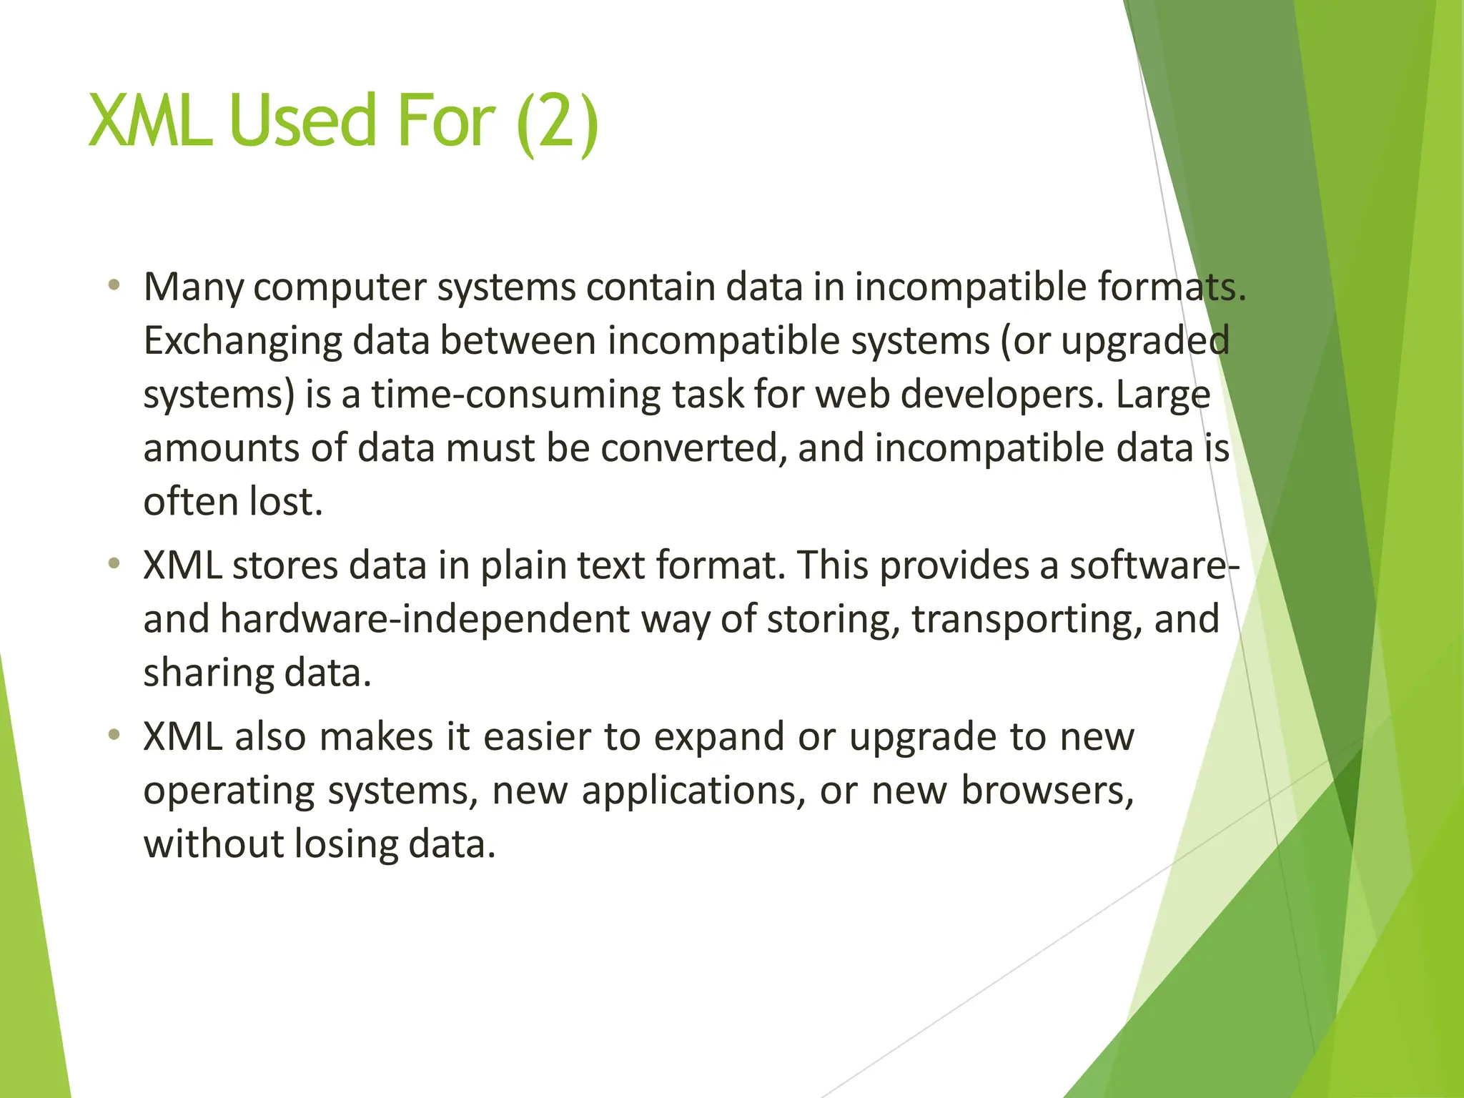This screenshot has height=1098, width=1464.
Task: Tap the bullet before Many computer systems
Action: tap(114, 286)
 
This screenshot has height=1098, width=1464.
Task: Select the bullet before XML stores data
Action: tap(114, 564)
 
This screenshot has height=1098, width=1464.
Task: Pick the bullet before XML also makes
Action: tap(114, 735)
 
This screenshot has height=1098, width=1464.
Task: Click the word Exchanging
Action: tap(242, 341)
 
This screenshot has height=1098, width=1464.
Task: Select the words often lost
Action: tap(233, 502)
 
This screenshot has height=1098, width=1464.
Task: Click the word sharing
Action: tap(208, 673)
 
